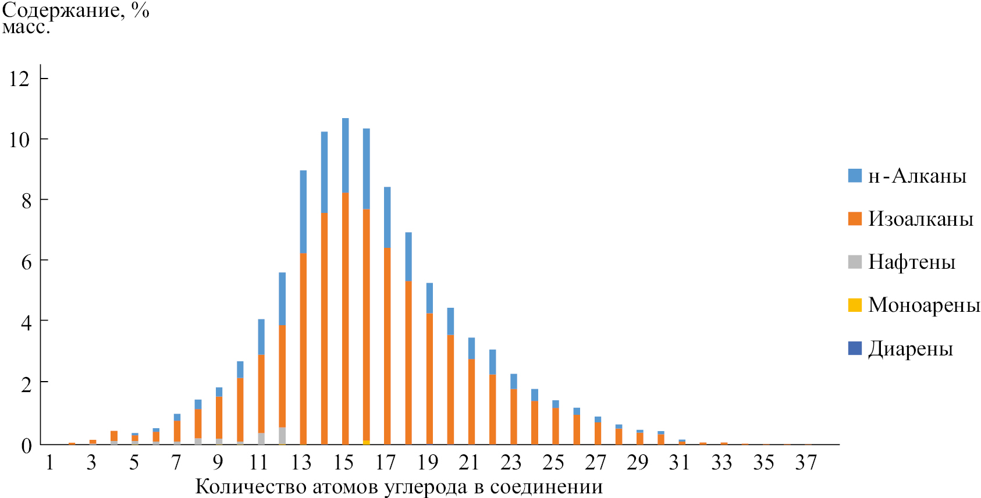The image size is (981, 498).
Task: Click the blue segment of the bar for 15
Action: (345, 155)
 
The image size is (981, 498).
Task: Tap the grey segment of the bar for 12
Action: (282, 436)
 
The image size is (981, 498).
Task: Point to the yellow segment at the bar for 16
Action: (366, 443)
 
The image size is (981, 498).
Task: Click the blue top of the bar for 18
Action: (408, 257)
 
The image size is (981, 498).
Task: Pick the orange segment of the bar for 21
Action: (471, 401)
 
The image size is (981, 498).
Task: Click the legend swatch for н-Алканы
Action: (855, 176)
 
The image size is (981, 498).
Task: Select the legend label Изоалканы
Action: (920, 219)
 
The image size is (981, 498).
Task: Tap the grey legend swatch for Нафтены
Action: (855, 262)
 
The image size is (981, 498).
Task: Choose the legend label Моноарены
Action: (924, 305)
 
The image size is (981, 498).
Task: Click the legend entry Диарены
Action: (911, 348)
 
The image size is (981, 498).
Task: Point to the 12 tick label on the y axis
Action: (19, 79)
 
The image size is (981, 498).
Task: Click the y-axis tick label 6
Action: (26, 261)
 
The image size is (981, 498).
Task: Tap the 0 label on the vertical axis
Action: (26, 445)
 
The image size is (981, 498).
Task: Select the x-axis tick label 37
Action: (806, 463)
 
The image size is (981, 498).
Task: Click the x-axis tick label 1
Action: (50, 463)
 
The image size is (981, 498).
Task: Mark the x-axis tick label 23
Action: (511, 463)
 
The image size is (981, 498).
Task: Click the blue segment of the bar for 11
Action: (261, 337)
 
